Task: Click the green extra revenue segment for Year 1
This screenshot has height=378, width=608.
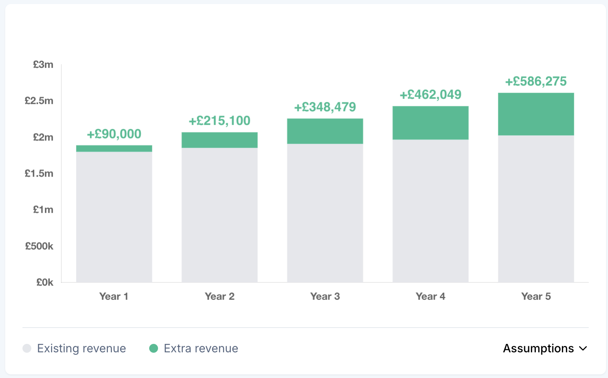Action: coord(114,148)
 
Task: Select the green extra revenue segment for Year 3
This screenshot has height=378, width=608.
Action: coord(325,131)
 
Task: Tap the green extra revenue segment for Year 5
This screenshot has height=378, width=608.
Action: coord(536,114)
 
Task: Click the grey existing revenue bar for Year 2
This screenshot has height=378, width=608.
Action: coord(219,215)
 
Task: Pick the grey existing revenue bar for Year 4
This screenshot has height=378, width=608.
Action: coord(430,211)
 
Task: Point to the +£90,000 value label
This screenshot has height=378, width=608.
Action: coord(114,134)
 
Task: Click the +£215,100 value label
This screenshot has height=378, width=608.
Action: coord(219,121)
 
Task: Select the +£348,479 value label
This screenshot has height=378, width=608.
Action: coord(325,107)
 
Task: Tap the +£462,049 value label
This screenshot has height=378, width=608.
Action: coord(430,95)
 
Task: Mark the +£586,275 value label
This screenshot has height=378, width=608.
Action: coord(536,81)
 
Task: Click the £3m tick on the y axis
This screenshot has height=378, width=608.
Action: coord(43,65)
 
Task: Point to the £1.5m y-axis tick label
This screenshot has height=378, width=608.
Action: coord(39,173)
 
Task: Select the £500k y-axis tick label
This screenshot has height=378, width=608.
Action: coord(39,246)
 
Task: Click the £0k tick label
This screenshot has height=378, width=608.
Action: coord(45,282)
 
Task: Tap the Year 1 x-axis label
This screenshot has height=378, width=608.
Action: coord(114,297)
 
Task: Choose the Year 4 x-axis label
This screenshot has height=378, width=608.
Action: coord(430,297)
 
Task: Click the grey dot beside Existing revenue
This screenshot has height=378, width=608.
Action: coord(27,348)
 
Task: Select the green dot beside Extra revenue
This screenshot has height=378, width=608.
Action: coord(154,348)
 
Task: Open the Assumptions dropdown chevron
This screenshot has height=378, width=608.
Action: coord(583,349)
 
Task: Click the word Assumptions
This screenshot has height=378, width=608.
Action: coord(538,348)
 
